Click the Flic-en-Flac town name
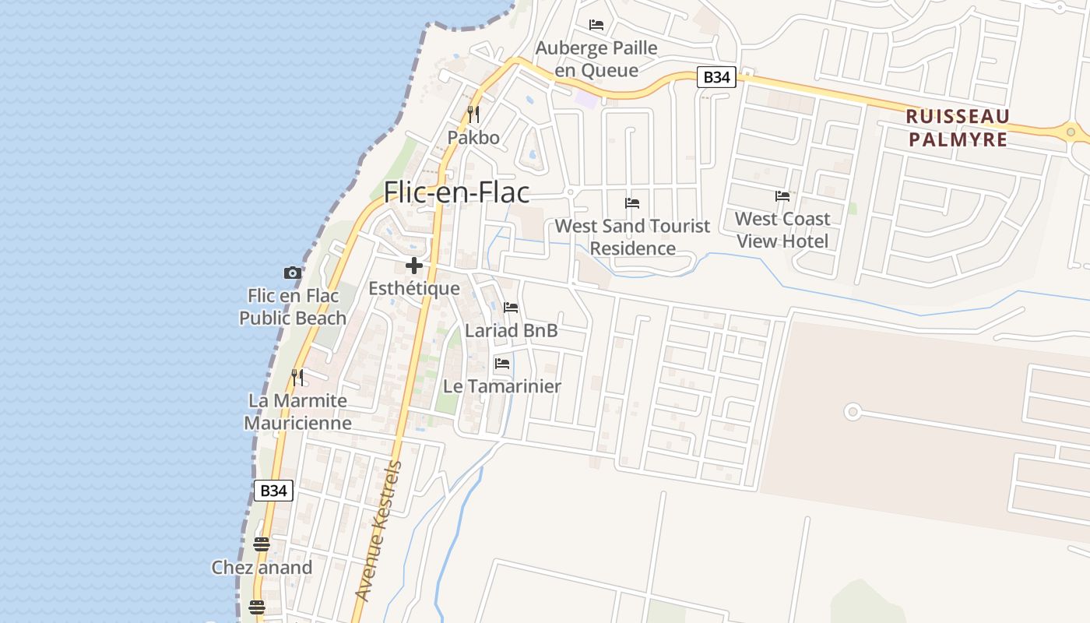pyautogui.click(x=456, y=192)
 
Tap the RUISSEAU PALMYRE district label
pyautogui.click(x=958, y=128)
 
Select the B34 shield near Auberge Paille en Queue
pyautogui.click(x=716, y=77)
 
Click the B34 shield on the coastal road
pyautogui.click(x=273, y=491)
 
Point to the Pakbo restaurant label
pyautogui.click(x=473, y=138)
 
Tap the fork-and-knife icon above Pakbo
pyautogui.click(x=473, y=114)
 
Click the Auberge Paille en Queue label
pyautogui.click(x=597, y=59)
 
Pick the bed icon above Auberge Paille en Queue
pyautogui.click(x=596, y=25)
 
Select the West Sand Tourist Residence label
pyautogui.click(x=632, y=237)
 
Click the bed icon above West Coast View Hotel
pyautogui.click(x=782, y=196)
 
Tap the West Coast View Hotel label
pyautogui.click(x=782, y=230)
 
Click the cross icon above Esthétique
pyautogui.click(x=414, y=266)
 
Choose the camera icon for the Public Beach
pyautogui.click(x=293, y=273)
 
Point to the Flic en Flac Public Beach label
pyautogui.click(x=293, y=307)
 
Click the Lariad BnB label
pyautogui.click(x=511, y=330)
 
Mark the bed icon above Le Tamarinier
pyautogui.click(x=502, y=363)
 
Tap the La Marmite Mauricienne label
pyautogui.click(x=297, y=412)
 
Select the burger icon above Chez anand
pyautogui.click(x=262, y=544)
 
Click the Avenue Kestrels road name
pyautogui.click(x=378, y=531)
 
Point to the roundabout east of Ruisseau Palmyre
pyautogui.click(x=1071, y=132)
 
